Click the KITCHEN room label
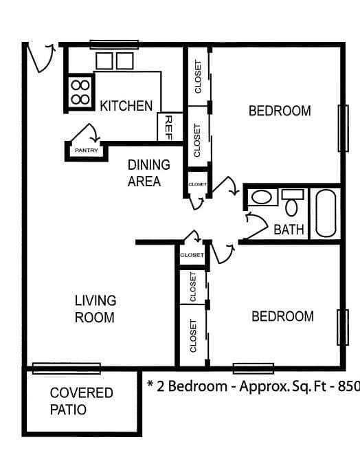point(126,106)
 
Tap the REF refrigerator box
point(170,127)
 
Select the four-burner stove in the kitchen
point(80,92)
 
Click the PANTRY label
point(86,151)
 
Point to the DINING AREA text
point(148,173)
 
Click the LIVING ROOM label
point(95,309)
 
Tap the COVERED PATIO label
point(81,401)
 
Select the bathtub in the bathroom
point(326,213)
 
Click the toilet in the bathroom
point(292,203)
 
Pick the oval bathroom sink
point(261,197)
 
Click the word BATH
point(289,230)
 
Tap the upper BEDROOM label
point(280,111)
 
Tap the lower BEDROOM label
point(282,316)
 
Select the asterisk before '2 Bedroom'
point(150,384)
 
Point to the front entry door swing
point(40,58)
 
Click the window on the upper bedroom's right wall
point(344,129)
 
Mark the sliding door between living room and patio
point(66,368)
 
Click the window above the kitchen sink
point(114,45)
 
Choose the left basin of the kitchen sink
point(104,61)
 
